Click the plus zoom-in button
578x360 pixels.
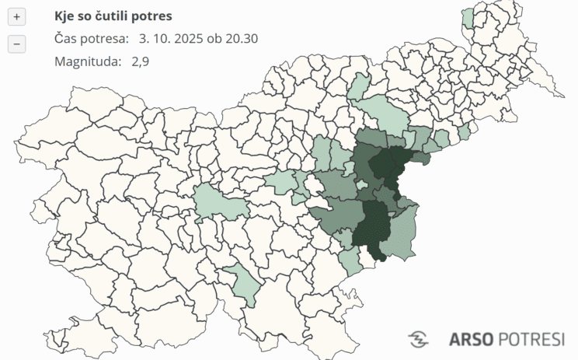[17, 16]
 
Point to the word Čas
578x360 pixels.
[67, 39]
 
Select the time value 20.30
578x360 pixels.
[241, 39]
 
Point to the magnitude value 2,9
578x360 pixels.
[141, 61]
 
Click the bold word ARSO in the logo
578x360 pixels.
[470, 339]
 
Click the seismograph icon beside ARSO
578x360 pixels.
[419, 339]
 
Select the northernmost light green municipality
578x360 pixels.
[468, 18]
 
